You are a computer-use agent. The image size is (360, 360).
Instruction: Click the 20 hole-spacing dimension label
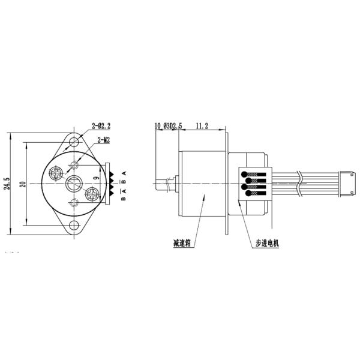click(22, 184)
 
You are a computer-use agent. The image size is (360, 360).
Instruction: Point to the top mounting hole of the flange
click(74, 142)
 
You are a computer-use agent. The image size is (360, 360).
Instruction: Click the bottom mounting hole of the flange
click(74, 226)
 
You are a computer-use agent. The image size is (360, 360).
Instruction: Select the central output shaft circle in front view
click(74, 184)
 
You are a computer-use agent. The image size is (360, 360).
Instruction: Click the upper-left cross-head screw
click(58, 173)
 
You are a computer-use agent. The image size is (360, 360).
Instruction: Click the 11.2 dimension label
click(202, 126)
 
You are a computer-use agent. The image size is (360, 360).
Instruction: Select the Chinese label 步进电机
click(267, 243)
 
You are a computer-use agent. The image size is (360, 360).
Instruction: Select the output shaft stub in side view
click(164, 184)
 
